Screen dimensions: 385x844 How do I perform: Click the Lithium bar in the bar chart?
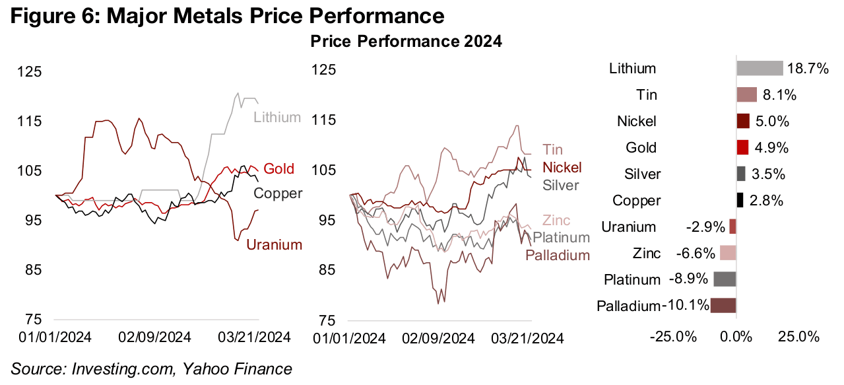click(x=759, y=68)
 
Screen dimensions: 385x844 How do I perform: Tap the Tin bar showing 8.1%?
click(x=746, y=95)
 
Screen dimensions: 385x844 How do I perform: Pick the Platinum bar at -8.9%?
click(x=725, y=279)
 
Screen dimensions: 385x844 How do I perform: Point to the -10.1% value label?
click(x=686, y=305)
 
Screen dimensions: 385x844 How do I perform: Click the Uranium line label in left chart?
click(x=274, y=245)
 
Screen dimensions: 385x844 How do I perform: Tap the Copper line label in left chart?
click(x=278, y=193)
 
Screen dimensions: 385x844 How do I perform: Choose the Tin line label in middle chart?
click(x=552, y=150)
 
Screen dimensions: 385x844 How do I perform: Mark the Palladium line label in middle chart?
click(x=558, y=255)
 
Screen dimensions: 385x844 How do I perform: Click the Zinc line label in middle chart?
click(x=556, y=221)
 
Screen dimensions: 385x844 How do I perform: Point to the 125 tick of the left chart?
click(x=48, y=71)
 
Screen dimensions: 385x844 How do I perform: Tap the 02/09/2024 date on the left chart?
click(x=156, y=337)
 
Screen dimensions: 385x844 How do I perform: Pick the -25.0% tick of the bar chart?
click(x=675, y=337)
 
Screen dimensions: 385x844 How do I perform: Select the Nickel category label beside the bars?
click(x=637, y=122)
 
